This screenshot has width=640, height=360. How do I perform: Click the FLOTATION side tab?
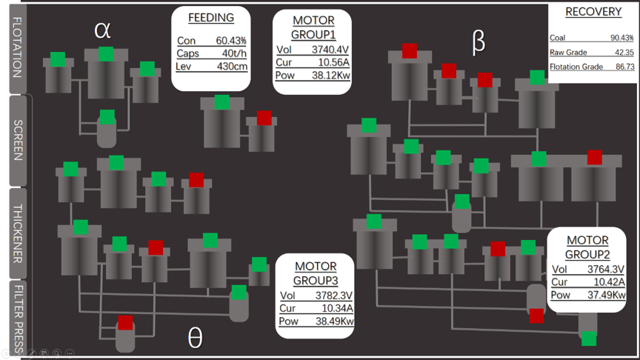tap(17, 48)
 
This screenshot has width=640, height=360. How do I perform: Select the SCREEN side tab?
tap(18, 141)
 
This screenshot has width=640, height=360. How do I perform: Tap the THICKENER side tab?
tap(18, 233)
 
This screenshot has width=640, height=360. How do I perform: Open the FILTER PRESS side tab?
tap(18, 319)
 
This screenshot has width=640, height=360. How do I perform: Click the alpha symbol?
tap(102, 30)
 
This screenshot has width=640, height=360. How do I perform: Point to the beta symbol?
tap(479, 41)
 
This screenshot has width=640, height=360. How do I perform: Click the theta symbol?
tap(195, 338)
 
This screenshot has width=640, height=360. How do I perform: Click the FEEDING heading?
tap(211, 18)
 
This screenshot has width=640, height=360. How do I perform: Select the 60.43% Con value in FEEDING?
tap(231, 41)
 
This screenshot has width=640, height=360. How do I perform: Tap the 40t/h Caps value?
tap(234, 53)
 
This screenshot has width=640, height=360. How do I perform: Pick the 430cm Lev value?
tap(232, 66)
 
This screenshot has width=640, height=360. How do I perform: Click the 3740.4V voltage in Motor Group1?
tap(330, 50)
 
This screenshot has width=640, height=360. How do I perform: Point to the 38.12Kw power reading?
tap(331, 75)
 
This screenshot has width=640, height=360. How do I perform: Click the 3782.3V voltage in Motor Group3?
tap(334, 296)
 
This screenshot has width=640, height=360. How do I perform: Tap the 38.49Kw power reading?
tap(335, 321)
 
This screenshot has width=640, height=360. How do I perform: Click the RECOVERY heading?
tap(593, 12)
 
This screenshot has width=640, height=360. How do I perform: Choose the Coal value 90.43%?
tap(622, 38)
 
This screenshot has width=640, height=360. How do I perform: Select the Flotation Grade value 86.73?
tap(625, 67)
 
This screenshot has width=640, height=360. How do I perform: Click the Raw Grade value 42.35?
tap(624, 53)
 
